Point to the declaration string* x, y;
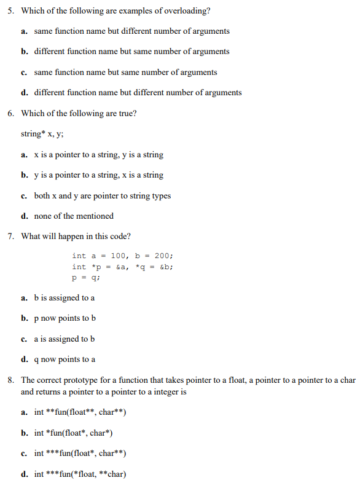pyautogui.click(x=40, y=133)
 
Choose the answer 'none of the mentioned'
pyautogui.click(x=74, y=216)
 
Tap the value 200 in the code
pyautogui.click(x=163, y=256)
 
